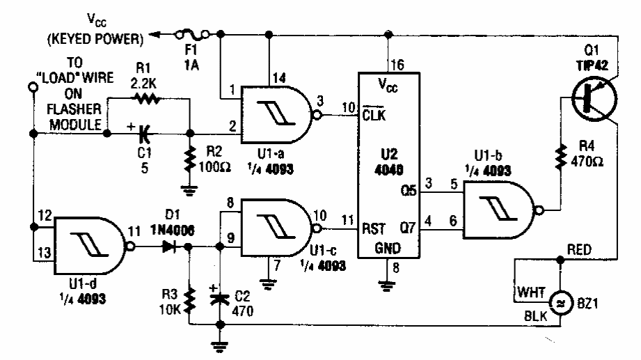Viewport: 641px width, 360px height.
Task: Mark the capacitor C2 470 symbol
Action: [x=220, y=295]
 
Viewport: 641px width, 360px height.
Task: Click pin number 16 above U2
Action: [x=397, y=66]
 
